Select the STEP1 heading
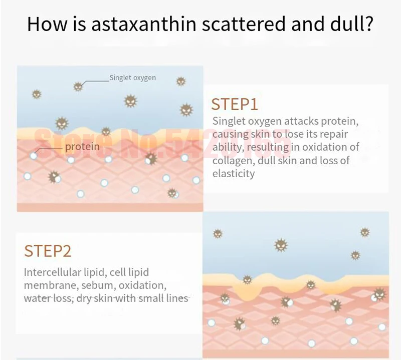click(x=234, y=104)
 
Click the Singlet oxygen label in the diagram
click(x=132, y=78)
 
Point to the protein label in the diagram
click(x=82, y=147)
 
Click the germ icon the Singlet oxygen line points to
click(x=78, y=86)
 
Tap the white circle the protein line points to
click(x=33, y=156)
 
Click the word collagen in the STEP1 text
click(x=233, y=161)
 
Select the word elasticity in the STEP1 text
click(x=234, y=174)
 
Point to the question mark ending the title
click(x=367, y=24)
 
